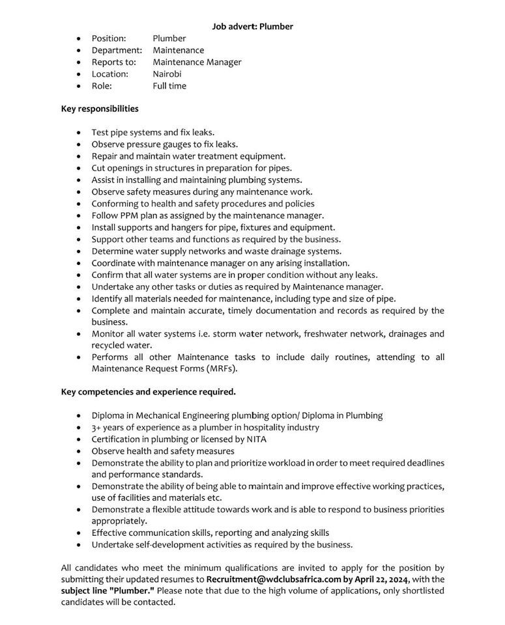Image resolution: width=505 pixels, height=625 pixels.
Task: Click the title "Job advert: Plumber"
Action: click(252, 27)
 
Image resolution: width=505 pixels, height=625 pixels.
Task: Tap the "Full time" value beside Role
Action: click(169, 86)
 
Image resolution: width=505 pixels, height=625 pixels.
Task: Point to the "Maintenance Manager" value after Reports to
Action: click(197, 62)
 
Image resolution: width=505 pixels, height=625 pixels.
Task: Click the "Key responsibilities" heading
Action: click(100, 109)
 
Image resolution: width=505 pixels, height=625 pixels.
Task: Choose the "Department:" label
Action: click(117, 50)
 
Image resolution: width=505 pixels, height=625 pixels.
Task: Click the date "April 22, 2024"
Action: click(379, 579)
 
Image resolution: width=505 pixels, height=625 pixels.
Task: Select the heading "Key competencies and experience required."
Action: click(149, 392)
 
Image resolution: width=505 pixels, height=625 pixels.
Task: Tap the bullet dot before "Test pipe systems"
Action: click(79, 132)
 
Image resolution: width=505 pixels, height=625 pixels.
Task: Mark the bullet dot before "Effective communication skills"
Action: click(79, 533)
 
